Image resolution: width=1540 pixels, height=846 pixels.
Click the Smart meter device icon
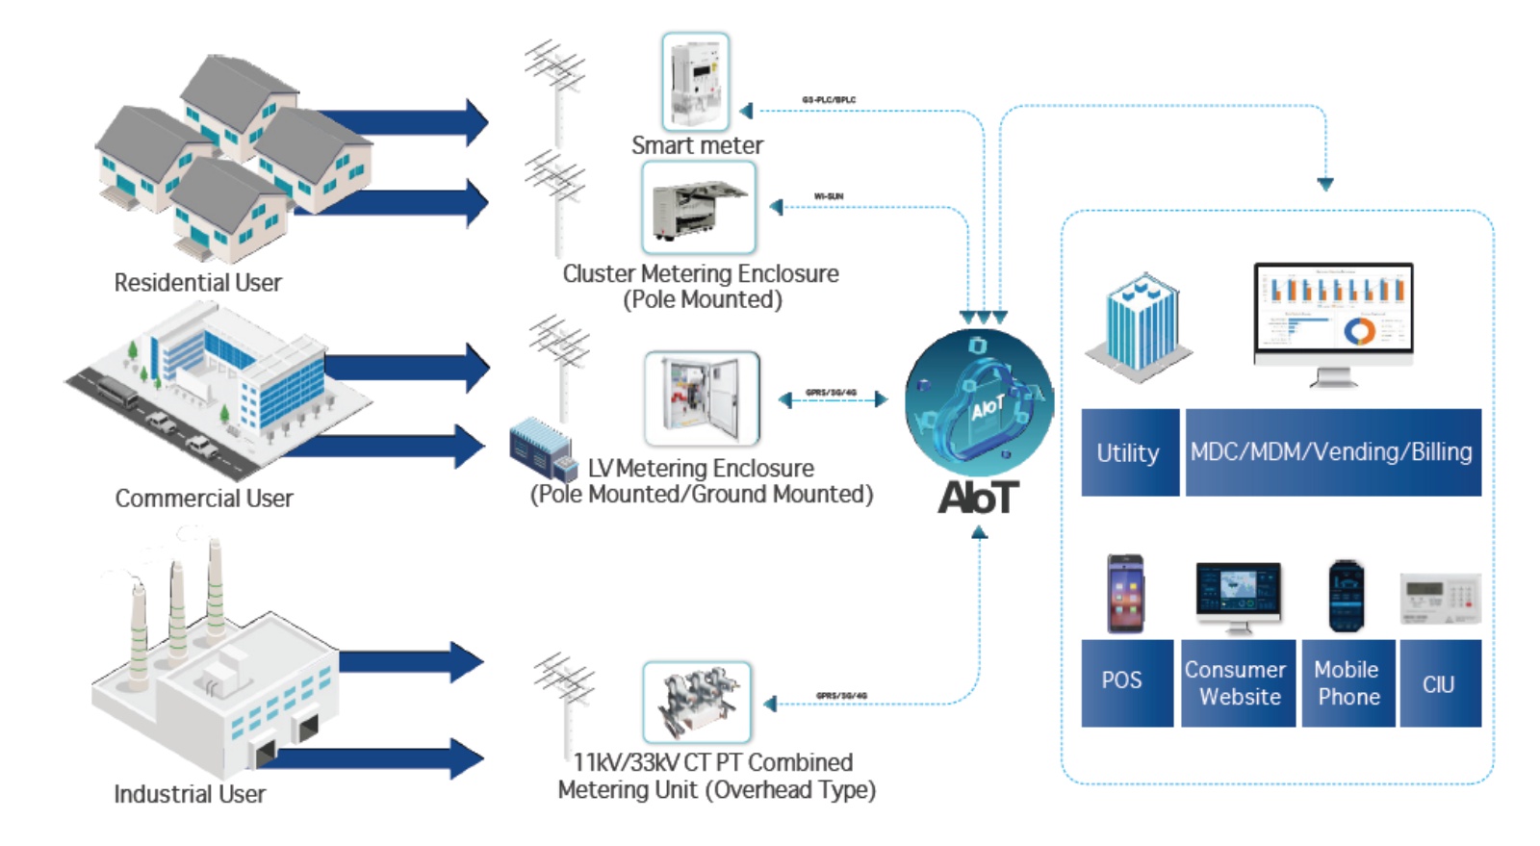pyautogui.click(x=696, y=81)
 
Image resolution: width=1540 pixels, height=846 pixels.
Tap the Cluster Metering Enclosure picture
pyautogui.click(x=699, y=207)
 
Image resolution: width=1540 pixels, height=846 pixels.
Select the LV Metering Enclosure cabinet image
pyautogui.click(x=702, y=398)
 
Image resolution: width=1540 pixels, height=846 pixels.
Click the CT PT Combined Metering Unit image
pyautogui.click(x=697, y=702)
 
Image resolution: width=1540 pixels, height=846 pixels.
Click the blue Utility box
pyautogui.click(x=1129, y=452)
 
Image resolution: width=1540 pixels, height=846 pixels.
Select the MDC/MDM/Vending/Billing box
pyautogui.click(x=1332, y=452)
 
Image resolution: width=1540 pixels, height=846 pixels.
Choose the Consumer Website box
pyautogui.click(x=1237, y=682)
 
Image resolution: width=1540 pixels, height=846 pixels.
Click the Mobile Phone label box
pyautogui.click(x=1347, y=682)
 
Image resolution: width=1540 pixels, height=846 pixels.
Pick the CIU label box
pyautogui.click(x=1439, y=683)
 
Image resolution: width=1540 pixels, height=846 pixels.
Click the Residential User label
pyautogui.click(x=197, y=283)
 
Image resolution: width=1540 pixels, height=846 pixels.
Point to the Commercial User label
pyautogui.click(x=204, y=499)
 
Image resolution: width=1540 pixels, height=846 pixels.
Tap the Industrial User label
pyautogui.click(x=190, y=794)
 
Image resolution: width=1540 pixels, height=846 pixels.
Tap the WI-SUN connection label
pyautogui.click(x=829, y=196)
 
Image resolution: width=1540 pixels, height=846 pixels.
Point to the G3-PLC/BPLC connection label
pyautogui.click(x=829, y=100)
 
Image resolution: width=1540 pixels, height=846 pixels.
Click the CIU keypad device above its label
pyautogui.click(x=1440, y=598)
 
